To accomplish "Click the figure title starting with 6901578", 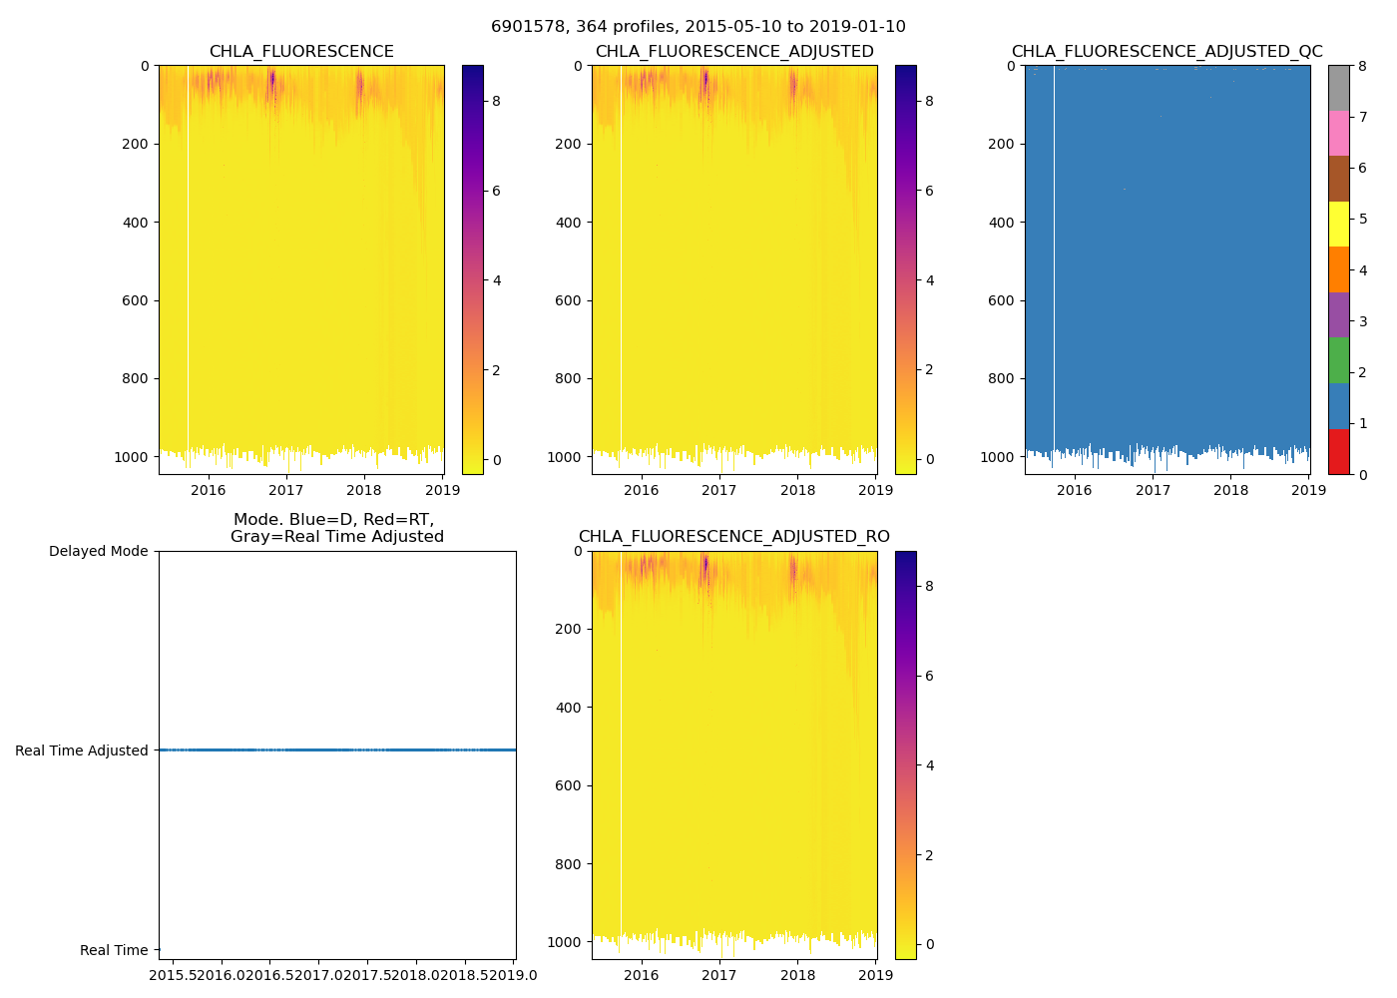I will pyautogui.click(x=698, y=27).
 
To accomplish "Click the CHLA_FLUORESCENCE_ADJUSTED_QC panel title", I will pyautogui.click(x=1166, y=52).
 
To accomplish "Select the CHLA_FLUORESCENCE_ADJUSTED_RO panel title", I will pyautogui.click(x=733, y=537).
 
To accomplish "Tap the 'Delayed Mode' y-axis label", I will pyautogui.click(x=98, y=552).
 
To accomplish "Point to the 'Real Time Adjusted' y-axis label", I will pyautogui.click(x=81, y=750).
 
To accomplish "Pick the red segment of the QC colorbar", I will pyautogui.click(x=1338, y=451).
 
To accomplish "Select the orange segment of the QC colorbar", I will pyautogui.click(x=1338, y=269).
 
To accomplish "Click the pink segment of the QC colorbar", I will pyautogui.click(x=1338, y=133).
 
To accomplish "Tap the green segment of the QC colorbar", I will pyautogui.click(x=1338, y=360).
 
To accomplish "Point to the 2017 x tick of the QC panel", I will pyautogui.click(x=1153, y=490).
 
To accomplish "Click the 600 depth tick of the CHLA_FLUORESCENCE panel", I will pyautogui.click(x=136, y=300).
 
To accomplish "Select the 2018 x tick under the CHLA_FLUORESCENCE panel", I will pyautogui.click(x=364, y=490).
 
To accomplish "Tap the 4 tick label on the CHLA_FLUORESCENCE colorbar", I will pyautogui.click(x=496, y=280).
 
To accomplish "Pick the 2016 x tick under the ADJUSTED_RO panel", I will pyautogui.click(x=641, y=975).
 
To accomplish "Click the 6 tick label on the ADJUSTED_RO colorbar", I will pyautogui.click(x=929, y=676).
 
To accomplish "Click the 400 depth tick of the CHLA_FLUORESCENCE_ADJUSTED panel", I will pyautogui.click(x=569, y=223).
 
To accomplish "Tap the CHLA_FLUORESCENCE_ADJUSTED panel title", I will pyautogui.click(x=733, y=52).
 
